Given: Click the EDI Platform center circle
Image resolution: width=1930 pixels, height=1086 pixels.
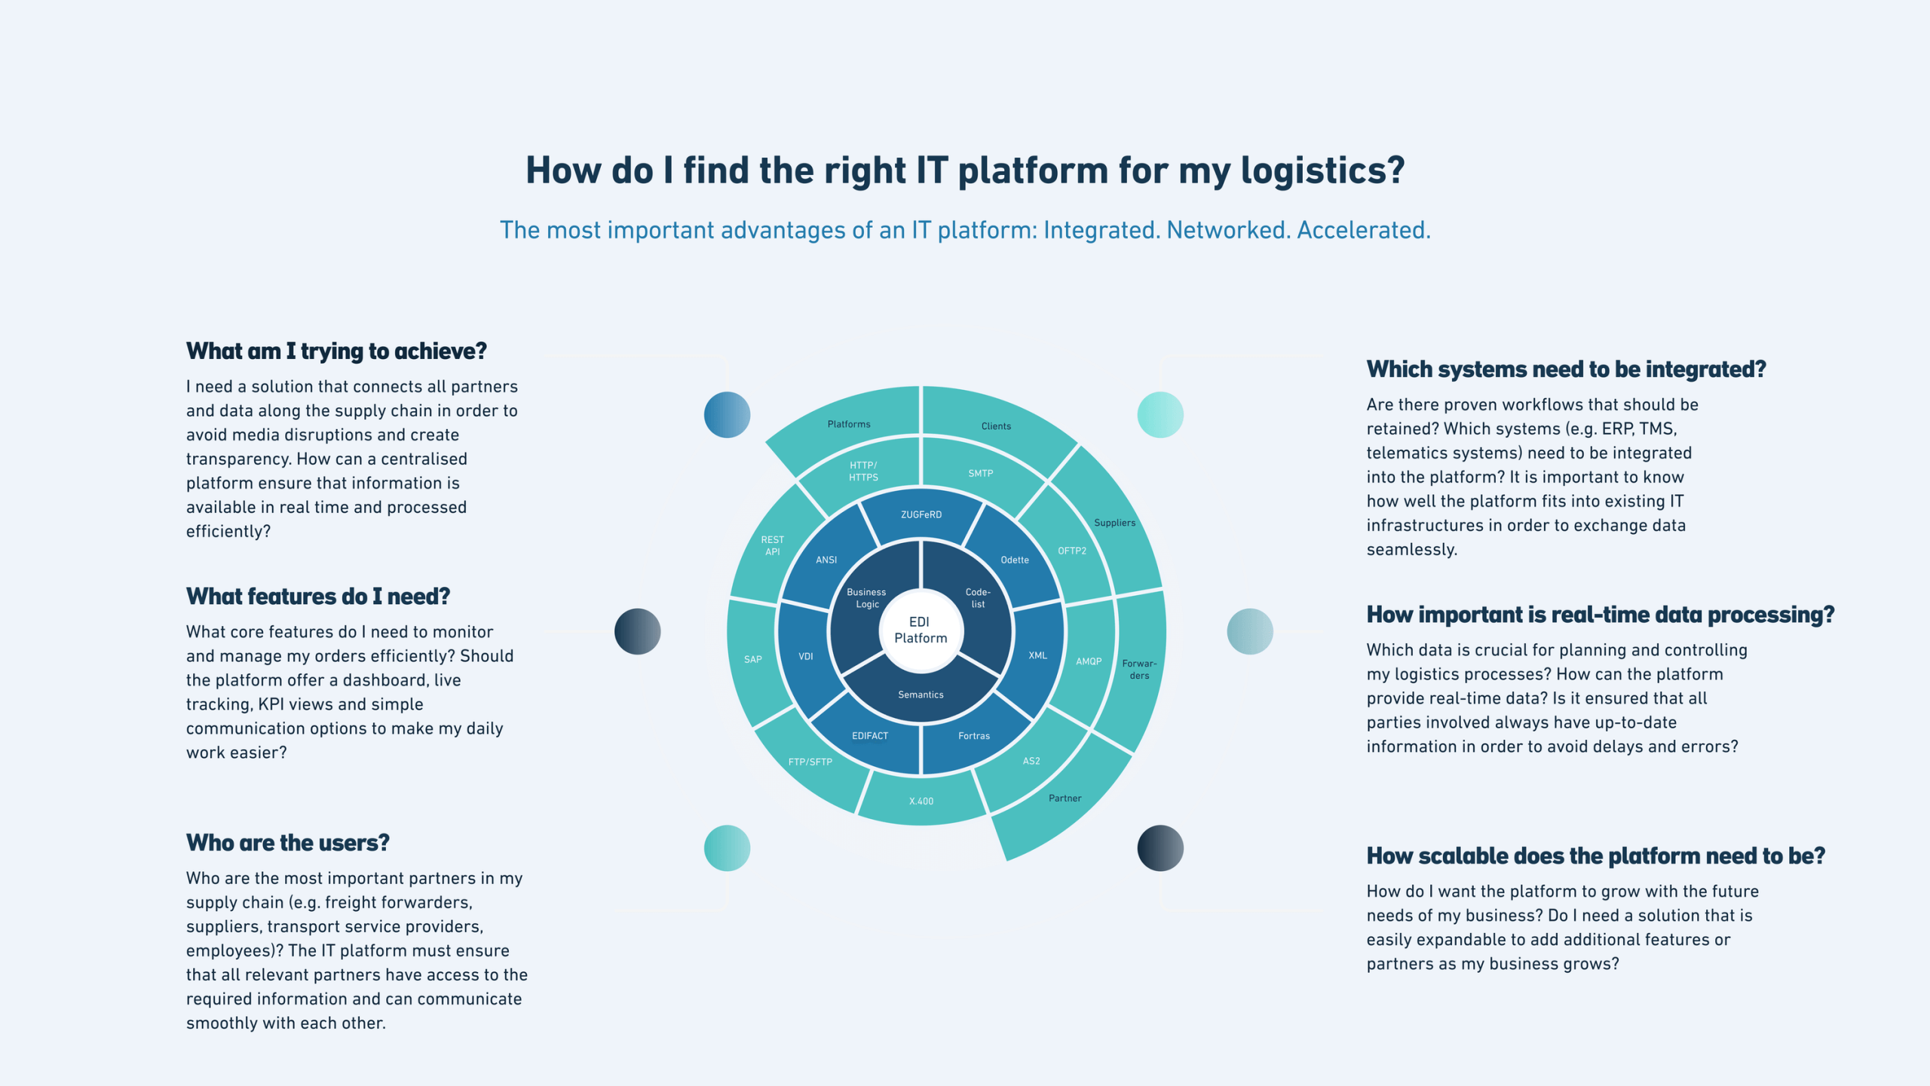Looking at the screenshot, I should (921, 630).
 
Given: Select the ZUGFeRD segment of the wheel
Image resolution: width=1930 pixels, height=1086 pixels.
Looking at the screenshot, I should (921, 515).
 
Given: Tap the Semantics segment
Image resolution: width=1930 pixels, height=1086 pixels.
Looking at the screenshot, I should (921, 695).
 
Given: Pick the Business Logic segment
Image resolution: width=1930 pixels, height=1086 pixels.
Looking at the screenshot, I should (866, 598).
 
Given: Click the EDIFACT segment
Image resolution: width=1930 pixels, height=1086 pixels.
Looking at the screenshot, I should (870, 736).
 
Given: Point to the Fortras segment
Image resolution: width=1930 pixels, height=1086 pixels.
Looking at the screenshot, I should (974, 736).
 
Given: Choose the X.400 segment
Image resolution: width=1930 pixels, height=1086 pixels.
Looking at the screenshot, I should (921, 801).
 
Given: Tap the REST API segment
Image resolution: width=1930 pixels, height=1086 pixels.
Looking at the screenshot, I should (772, 546).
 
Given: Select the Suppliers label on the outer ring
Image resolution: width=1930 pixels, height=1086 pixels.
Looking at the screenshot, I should (1114, 523).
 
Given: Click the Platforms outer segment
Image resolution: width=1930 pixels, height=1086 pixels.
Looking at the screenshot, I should (849, 425).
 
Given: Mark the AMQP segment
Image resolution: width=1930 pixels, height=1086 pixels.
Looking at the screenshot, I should (1089, 661).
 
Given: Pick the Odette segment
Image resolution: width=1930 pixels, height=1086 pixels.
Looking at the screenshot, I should (1015, 560).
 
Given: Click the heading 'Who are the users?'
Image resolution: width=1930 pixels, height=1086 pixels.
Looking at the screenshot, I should (288, 843).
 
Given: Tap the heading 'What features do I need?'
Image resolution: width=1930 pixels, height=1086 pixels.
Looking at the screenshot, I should (318, 597).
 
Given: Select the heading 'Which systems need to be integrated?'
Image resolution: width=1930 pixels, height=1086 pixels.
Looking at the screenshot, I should (1566, 370).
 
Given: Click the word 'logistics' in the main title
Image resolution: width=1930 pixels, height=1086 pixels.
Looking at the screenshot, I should (1322, 170).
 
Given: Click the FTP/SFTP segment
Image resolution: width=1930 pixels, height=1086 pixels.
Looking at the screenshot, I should (810, 762).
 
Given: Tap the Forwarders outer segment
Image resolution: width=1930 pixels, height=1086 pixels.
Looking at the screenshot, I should (1139, 670).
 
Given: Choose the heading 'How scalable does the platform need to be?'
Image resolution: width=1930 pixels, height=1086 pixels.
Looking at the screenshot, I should (1595, 856).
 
